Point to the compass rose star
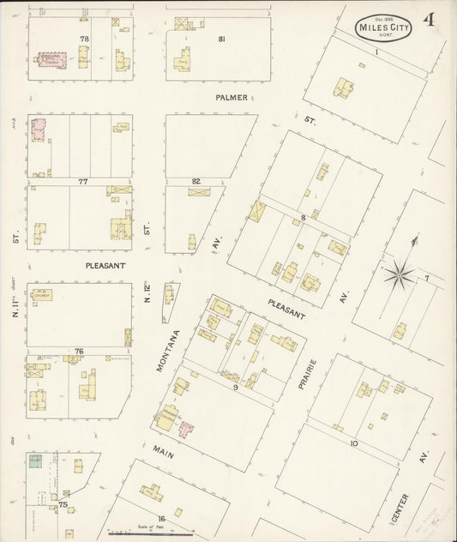[398, 275]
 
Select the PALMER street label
[232, 98]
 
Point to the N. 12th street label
[147, 292]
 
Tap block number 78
[84, 39]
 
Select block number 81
[221, 39]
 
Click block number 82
[196, 181]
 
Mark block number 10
[352, 443]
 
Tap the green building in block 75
[35, 461]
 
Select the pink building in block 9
[185, 428]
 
